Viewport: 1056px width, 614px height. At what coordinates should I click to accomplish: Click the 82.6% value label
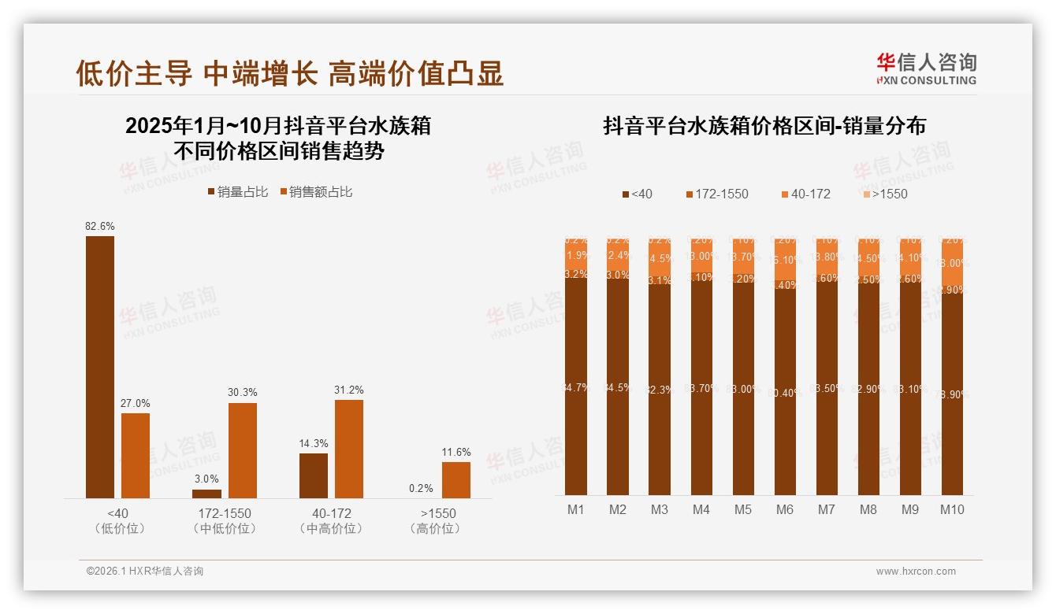click(x=100, y=227)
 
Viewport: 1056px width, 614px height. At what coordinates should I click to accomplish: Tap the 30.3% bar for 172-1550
click(x=243, y=450)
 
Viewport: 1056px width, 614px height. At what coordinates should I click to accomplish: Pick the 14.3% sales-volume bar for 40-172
click(x=314, y=475)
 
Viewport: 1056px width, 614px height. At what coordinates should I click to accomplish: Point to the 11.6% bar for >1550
click(x=456, y=480)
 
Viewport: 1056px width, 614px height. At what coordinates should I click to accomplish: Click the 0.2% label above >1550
click(x=422, y=489)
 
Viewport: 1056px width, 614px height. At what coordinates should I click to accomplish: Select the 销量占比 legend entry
click(x=237, y=192)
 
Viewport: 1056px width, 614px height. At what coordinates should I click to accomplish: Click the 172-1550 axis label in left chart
click(x=225, y=513)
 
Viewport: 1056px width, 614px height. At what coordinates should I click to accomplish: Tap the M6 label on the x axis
click(x=784, y=510)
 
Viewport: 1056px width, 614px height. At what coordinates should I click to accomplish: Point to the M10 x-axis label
click(x=951, y=510)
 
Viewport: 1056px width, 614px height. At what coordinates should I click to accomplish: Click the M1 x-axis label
click(x=576, y=510)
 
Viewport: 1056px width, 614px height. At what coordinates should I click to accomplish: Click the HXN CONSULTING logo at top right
click(x=926, y=69)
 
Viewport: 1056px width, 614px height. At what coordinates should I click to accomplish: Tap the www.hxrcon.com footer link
click(x=916, y=571)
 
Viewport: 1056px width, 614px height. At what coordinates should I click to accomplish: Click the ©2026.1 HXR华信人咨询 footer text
click(x=145, y=571)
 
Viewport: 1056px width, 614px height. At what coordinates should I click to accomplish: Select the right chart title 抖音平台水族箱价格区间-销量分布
click(x=764, y=126)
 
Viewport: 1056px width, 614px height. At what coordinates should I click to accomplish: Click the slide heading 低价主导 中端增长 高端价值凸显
click(x=290, y=74)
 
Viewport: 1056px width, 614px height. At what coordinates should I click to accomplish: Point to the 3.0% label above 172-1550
click(x=206, y=479)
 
